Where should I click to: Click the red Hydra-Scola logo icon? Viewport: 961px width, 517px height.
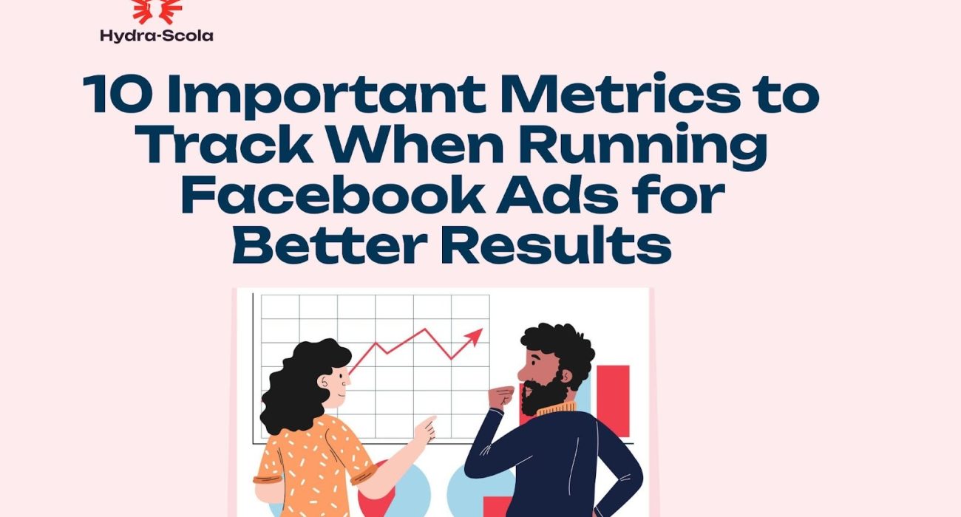pyautogui.click(x=156, y=11)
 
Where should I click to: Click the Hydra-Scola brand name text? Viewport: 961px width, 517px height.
pyautogui.click(x=156, y=35)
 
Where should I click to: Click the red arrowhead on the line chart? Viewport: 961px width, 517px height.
pyautogui.click(x=474, y=336)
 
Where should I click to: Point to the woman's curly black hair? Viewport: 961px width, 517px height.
pyautogui.click(x=296, y=384)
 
